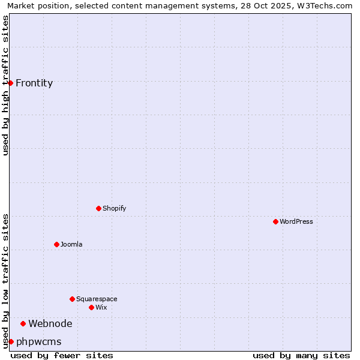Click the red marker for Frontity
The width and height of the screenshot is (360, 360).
tap(11, 83)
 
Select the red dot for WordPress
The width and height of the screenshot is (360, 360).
tap(275, 221)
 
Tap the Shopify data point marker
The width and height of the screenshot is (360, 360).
tap(98, 208)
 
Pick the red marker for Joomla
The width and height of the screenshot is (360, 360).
tap(56, 244)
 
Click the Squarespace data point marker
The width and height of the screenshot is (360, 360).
tap(72, 299)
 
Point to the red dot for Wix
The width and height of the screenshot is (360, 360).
tap(91, 307)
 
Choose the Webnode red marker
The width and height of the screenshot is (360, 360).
tap(23, 323)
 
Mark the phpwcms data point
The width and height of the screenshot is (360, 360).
tap(11, 341)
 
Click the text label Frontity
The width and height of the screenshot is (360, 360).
tap(34, 83)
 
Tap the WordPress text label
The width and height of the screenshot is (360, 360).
tap(296, 221)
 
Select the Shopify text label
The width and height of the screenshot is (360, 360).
tap(114, 208)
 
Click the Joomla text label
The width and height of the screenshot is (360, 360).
tap(71, 244)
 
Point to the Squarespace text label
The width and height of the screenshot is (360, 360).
tap(97, 299)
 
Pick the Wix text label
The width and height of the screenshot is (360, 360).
tap(101, 307)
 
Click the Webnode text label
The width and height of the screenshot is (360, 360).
tap(50, 323)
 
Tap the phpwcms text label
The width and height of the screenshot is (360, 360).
tap(39, 341)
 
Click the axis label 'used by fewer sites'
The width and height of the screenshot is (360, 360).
tap(62, 355)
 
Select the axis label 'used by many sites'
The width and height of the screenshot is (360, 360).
tap(301, 355)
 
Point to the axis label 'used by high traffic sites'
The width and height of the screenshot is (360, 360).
tap(5, 85)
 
